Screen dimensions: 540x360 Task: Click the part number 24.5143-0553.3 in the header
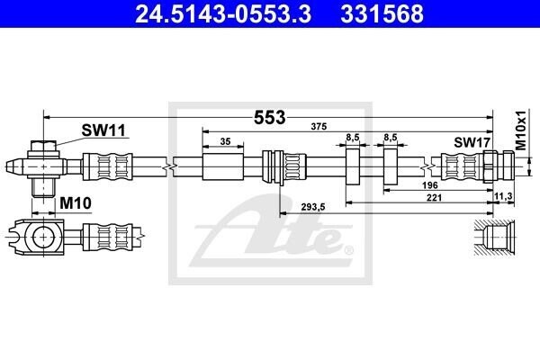(223, 13)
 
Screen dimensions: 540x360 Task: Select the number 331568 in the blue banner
(382, 13)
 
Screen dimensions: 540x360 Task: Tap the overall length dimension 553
(270, 118)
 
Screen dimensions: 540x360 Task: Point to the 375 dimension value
(319, 126)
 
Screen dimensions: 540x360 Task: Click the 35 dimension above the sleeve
(225, 141)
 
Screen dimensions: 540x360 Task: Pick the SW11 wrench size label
(103, 130)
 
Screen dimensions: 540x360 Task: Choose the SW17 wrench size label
(472, 142)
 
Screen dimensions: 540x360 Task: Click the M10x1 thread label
(522, 130)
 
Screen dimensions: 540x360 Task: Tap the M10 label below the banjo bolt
(76, 203)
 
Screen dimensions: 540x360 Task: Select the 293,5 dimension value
(313, 207)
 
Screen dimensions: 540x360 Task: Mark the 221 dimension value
(434, 197)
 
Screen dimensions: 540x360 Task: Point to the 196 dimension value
(430, 185)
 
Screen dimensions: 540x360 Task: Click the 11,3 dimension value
(503, 196)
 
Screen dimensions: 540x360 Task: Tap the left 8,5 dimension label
(352, 138)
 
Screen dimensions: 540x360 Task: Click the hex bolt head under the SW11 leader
(43, 146)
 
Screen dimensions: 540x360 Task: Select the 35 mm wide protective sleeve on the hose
(223, 166)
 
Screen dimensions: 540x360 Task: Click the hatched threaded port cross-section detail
(494, 238)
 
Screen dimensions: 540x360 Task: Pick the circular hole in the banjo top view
(44, 237)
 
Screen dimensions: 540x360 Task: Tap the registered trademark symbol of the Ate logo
(349, 250)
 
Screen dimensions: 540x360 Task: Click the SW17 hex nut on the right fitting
(489, 166)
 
